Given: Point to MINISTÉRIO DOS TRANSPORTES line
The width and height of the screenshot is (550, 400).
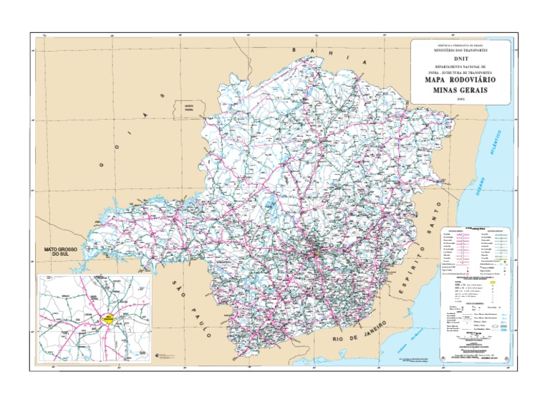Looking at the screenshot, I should click(x=460, y=51).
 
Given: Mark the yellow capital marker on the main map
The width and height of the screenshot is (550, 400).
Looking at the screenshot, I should click(x=313, y=252).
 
